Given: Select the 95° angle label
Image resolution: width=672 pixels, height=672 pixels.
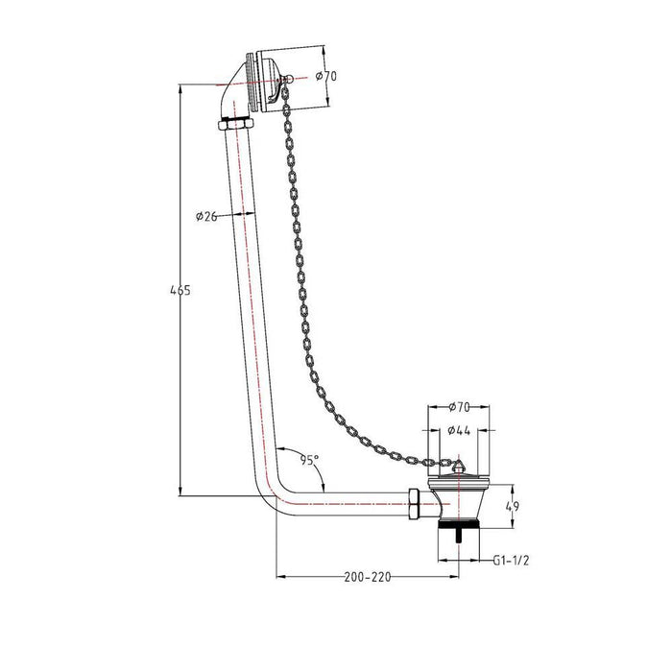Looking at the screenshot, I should (308, 460).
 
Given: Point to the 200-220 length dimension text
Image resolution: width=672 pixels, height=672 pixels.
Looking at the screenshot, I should (367, 578).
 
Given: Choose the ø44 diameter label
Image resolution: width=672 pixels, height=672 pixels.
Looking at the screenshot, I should (458, 431).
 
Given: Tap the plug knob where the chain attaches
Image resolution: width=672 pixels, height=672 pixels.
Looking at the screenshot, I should (456, 465).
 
